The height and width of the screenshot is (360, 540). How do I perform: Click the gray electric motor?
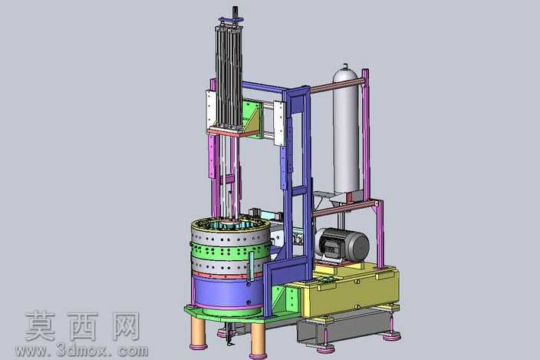point(342,245)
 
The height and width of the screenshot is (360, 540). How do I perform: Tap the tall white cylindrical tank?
point(347,130)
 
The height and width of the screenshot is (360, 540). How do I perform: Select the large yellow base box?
point(351,289)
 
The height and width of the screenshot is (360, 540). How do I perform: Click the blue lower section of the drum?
point(227,292)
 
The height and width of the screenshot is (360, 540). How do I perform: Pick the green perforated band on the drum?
point(230,249)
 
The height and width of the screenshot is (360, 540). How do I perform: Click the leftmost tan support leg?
point(199,331)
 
